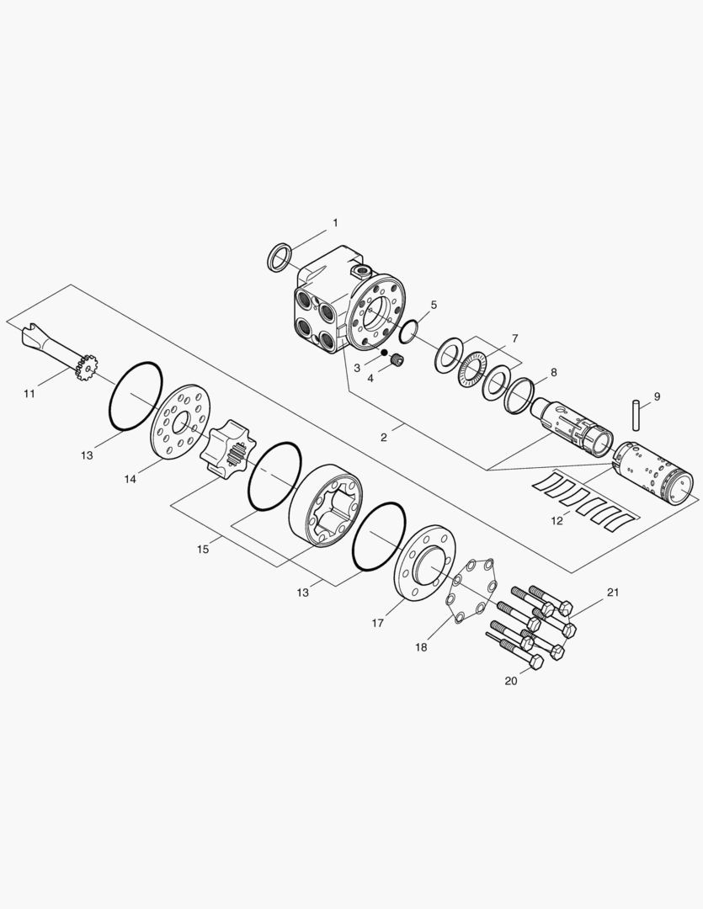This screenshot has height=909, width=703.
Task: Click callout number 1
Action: [335, 222]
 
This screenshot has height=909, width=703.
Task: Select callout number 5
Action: [434, 305]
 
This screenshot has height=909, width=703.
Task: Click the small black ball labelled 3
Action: [383, 353]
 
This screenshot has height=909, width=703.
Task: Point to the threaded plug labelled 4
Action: [397, 360]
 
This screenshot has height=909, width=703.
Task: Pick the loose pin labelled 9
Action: [635, 415]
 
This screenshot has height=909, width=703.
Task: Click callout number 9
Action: [657, 396]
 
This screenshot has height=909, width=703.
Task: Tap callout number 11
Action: [29, 394]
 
